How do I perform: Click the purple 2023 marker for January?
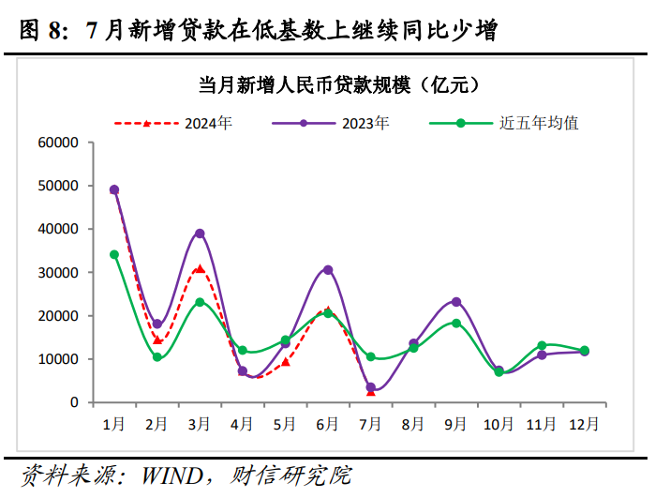tap(114, 189)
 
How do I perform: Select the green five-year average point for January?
tap(114, 254)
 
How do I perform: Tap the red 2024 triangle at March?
tap(200, 269)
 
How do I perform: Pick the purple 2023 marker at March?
tap(200, 234)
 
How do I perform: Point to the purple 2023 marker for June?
tap(328, 269)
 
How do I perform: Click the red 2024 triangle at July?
tap(371, 392)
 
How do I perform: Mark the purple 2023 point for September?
tap(456, 302)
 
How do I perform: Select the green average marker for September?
tap(456, 323)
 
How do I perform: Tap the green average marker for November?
tap(542, 346)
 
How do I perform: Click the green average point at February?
tap(157, 357)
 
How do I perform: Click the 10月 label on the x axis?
tap(499, 424)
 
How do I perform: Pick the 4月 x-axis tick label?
tap(243, 424)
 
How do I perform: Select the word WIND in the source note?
tap(176, 475)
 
